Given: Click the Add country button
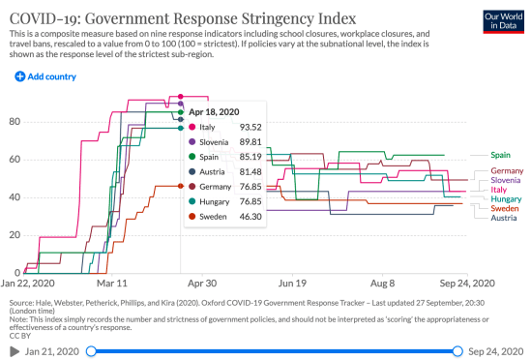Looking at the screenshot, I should tap(45, 75).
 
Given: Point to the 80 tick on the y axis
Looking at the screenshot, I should tap(14, 122).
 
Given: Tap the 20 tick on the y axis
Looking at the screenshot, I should tap(14, 236).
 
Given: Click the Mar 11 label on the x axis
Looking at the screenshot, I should tap(112, 285).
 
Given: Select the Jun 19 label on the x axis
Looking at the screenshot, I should tap(292, 285).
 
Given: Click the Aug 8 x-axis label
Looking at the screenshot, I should tap(383, 285).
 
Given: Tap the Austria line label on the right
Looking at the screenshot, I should tap(504, 218).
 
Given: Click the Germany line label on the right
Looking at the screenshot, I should tap(507, 171).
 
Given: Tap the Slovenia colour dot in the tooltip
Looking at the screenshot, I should tap(192, 142).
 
